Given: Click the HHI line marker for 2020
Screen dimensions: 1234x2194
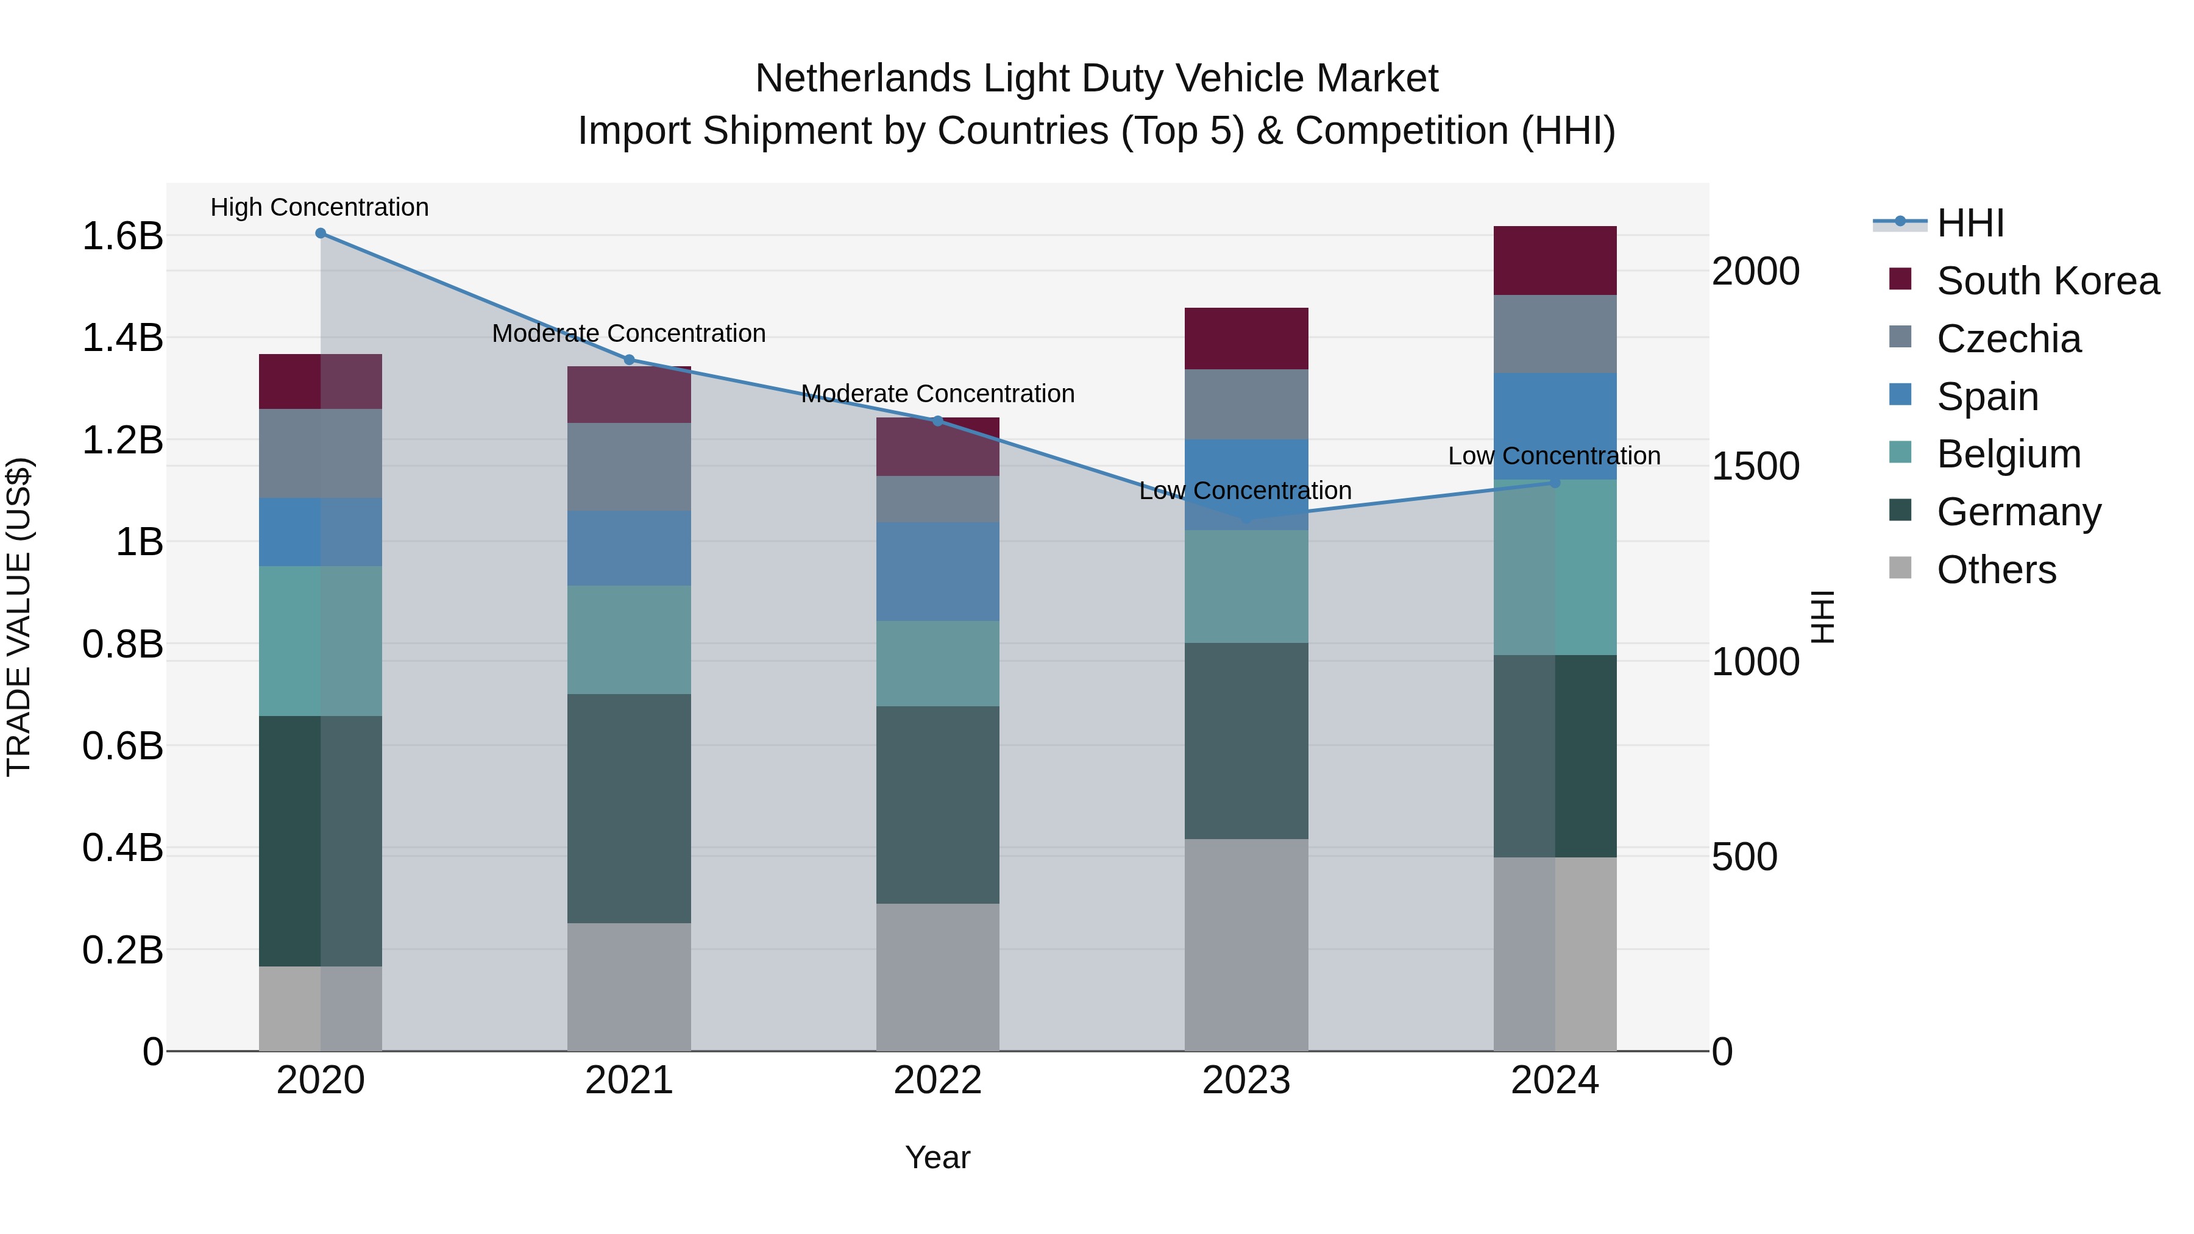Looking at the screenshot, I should click(x=320, y=233).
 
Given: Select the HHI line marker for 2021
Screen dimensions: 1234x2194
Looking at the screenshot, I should click(x=630, y=360).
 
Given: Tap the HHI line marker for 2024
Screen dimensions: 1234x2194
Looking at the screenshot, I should click(x=1554, y=483).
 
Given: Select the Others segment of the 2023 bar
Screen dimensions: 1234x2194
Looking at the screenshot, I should click(x=1246, y=945).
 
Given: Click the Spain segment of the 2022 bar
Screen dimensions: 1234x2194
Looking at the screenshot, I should click(x=938, y=572).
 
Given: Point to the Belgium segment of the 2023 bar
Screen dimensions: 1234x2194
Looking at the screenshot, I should click(x=1246, y=587).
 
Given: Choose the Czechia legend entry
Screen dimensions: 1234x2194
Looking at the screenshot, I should click(x=2008, y=339).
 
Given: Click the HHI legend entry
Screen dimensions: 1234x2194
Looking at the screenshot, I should click(x=1969, y=223).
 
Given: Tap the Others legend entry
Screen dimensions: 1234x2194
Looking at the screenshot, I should click(x=1995, y=570).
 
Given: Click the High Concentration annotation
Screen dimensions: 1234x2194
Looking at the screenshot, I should click(x=319, y=208).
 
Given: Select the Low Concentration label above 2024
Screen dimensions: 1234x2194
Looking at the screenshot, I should click(x=1553, y=456).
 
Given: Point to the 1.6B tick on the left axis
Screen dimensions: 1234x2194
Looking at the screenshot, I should click(x=122, y=236).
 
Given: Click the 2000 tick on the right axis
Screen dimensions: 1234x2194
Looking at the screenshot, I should click(x=1755, y=272).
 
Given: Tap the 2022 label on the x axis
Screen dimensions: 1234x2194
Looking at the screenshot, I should click(x=938, y=1080).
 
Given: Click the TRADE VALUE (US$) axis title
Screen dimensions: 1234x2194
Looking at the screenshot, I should click(x=19, y=617).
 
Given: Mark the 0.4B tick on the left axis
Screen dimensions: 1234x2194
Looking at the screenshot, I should click(x=122, y=848).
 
